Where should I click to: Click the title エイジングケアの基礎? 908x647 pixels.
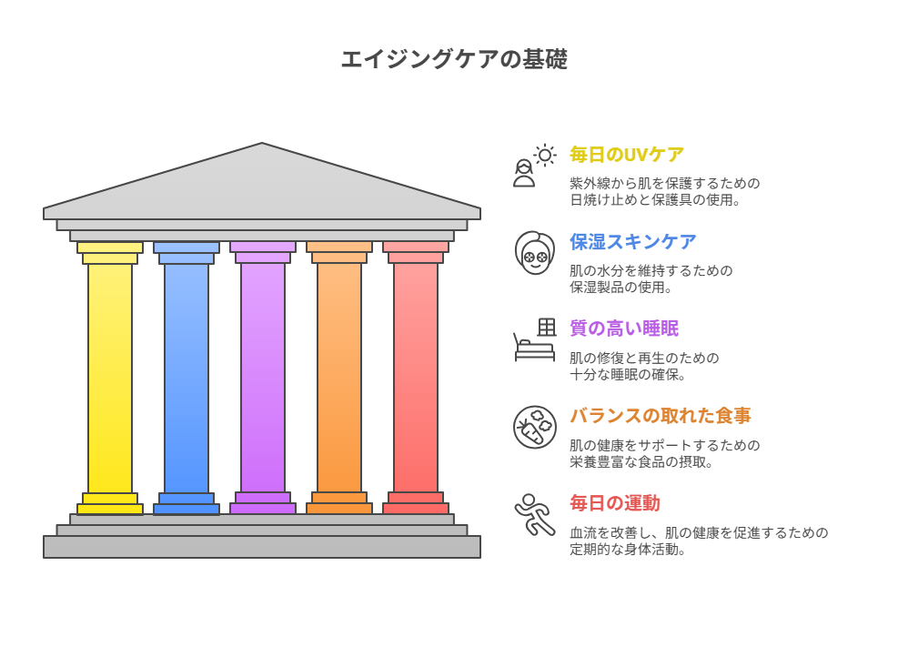[x=454, y=59]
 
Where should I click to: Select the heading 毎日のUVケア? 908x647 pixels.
[x=627, y=155]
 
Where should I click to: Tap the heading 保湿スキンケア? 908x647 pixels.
[x=633, y=241]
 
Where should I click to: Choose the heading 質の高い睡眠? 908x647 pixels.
[x=624, y=329]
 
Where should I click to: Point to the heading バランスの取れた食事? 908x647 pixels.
[x=661, y=415]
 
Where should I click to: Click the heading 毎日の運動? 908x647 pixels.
[x=615, y=503]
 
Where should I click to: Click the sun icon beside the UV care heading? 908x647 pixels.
[x=544, y=156]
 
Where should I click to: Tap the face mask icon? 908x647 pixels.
[x=534, y=253]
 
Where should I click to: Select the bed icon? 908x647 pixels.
[x=534, y=339]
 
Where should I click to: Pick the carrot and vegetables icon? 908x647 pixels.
[x=534, y=427]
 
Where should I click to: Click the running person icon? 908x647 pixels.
[x=534, y=514]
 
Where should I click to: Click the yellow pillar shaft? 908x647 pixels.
[x=110, y=379]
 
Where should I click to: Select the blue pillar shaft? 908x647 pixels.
[x=187, y=379]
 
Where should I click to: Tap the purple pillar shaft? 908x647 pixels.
[x=263, y=379]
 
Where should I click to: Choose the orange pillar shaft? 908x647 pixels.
[x=339, y=379]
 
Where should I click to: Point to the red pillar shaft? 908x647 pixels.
[x=416, y=379]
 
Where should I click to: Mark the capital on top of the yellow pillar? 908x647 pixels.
[x=110, y=253]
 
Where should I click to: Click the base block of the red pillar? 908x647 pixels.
[x=416, y=503]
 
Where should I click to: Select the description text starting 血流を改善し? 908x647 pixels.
[x=699, y=541]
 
